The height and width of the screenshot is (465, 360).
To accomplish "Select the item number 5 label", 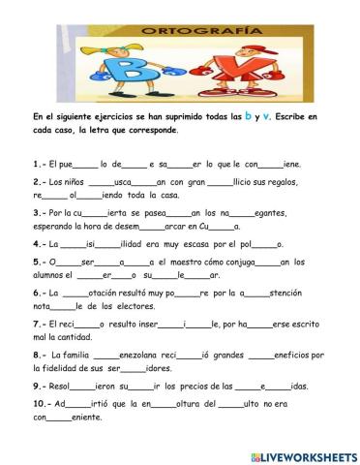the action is click(x=39, y=262).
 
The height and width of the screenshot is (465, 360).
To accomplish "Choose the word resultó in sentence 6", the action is click(x=134, y=292).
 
